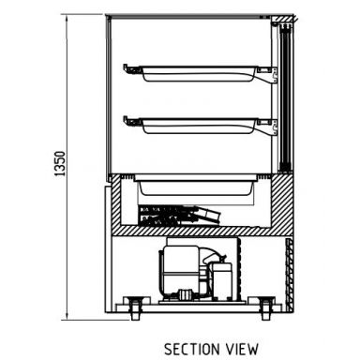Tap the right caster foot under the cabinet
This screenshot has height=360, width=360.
tap(268, 305)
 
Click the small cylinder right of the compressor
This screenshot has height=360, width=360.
tap(224, 277)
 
